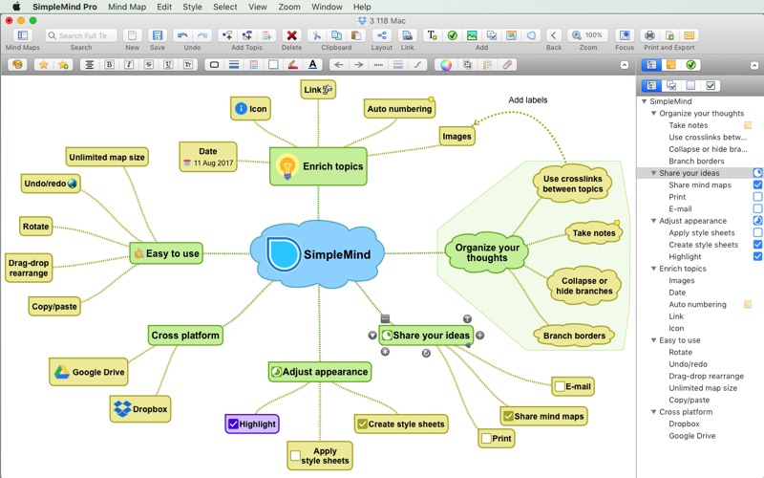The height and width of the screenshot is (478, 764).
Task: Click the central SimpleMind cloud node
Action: pyautogui.click(x=319, y=254)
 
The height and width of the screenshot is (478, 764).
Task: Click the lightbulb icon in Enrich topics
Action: pyautogui.click(x=286, y=167)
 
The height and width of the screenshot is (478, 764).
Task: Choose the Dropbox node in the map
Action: pyautogui.click(x=140, y=409)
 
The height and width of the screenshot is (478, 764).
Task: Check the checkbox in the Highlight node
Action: pyautogui.click(x=233, y=424)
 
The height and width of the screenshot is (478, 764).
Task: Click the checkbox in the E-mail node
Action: pyautogui.click(x=559, y=387)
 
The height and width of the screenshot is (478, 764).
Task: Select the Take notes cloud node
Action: pyautogui.click(x=592, y=233)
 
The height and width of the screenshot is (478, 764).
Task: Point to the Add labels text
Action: pyautogui.click(x=528, y=100)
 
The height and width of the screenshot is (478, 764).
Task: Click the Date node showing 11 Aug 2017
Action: pyautogui.click(x=208, y=157)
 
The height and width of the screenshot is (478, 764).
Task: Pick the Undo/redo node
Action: pyautogui.click(x=50, y=183)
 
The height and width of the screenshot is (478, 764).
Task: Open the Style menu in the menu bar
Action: pyautogui.click(x=192, y=7)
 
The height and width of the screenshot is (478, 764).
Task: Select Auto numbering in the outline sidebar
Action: pyautogui.click(x=697, y=304)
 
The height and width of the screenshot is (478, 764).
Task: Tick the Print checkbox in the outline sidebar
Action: pyautogui.click(x=757, y=197)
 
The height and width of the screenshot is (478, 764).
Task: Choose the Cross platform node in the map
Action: pyautogui.click(x=185, y=336)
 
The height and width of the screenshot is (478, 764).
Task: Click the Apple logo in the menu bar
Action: pyautogui.click(x=15, y=7)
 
